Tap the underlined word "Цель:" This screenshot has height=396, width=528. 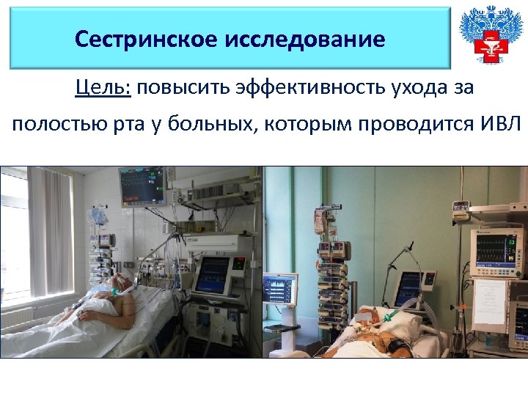click(103, 89)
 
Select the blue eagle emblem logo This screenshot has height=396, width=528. click(486, 35)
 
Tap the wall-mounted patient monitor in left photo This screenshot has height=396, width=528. click(142, 186)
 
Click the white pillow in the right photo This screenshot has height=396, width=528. click(405, 326)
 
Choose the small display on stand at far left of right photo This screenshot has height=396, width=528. click(281, 289)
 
